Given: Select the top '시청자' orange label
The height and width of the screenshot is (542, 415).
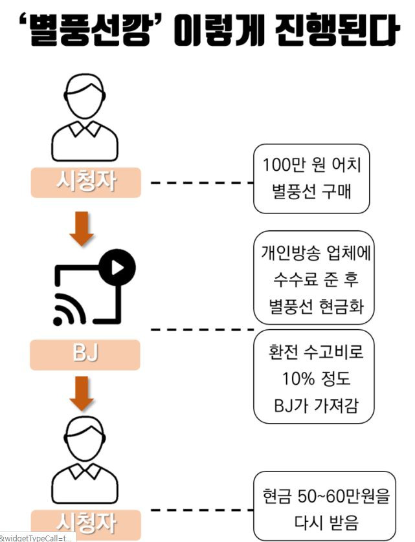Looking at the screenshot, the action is (86, 182).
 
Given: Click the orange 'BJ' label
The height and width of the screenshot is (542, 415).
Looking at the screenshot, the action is (85, 354).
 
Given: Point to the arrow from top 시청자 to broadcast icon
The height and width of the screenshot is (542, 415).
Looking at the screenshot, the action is (82, 229).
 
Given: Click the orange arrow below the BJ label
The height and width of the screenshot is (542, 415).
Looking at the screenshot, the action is (82, 394).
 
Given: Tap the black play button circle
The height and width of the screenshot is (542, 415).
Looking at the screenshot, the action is (117, 267).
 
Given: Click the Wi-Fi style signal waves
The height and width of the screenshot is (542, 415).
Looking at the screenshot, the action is (69, 309).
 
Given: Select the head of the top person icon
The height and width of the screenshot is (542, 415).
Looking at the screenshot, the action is (84, 96).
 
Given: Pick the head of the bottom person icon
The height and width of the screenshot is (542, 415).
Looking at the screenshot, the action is (84, 439).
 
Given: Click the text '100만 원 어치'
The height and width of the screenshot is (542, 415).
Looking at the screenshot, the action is (311, 165).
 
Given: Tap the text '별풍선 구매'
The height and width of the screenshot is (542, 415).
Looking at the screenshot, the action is (311, 191).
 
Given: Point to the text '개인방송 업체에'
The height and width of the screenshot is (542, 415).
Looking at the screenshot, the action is (316, 253).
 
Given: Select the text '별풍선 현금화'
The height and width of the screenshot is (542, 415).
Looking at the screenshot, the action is (316, 307).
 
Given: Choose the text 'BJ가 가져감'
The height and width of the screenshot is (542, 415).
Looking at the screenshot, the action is (316, 405).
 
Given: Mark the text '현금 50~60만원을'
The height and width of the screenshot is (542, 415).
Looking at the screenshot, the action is (326, 496).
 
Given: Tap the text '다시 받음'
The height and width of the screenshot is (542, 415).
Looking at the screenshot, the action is (326, 523).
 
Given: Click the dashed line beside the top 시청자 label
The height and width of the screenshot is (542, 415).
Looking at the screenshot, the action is (203, 182).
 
